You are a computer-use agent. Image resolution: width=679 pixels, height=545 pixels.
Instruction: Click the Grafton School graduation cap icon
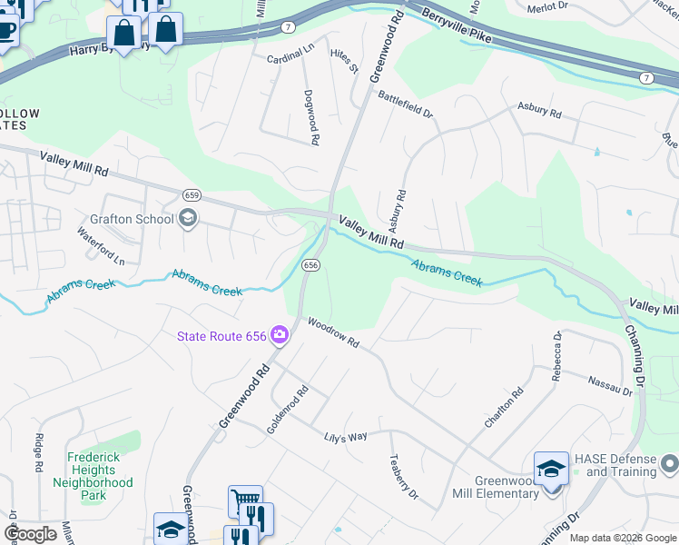188,218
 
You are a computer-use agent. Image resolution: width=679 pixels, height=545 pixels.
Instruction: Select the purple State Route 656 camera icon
279,336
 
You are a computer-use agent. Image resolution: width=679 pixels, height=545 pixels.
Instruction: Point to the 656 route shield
310,264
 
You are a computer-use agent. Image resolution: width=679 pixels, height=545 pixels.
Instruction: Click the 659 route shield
191,195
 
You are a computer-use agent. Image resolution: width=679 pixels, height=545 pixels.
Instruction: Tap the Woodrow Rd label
333,332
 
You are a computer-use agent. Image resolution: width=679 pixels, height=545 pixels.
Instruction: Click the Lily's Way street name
346,437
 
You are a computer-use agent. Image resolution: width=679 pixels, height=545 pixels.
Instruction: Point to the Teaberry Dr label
403,477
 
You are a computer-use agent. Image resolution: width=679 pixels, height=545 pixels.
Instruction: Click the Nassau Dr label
609,386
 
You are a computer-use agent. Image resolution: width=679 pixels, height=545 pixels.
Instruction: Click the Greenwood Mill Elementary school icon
550,469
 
